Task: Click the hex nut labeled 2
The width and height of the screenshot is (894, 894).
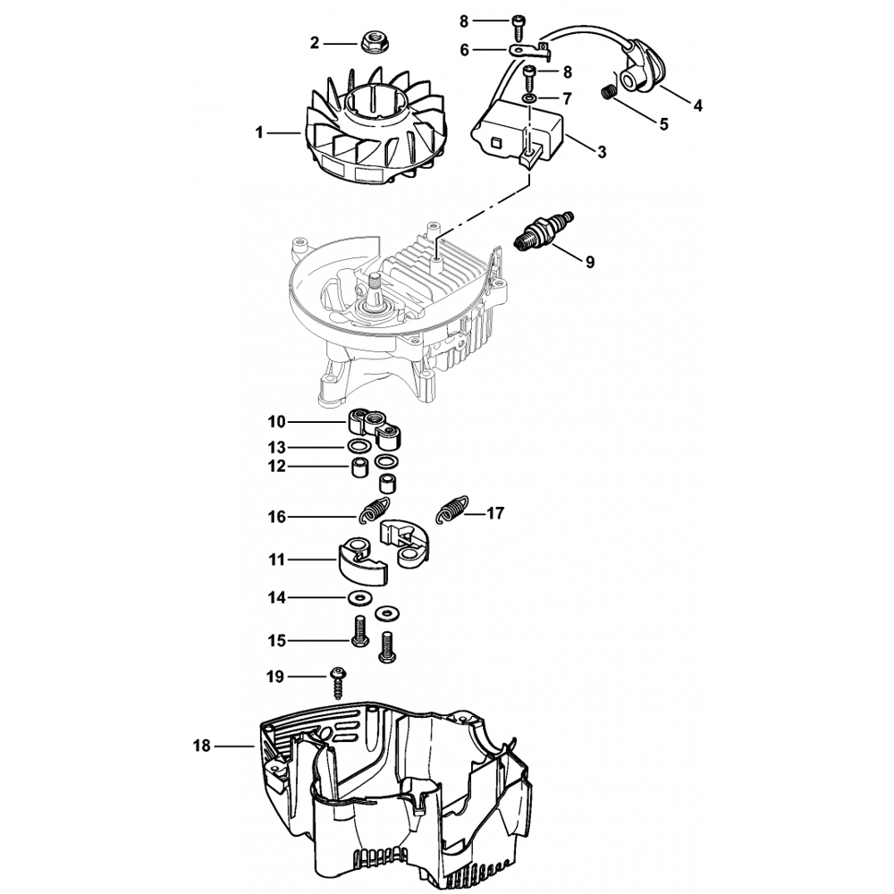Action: click(369, 41)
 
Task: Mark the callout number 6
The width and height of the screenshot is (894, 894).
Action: click(464, 51)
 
